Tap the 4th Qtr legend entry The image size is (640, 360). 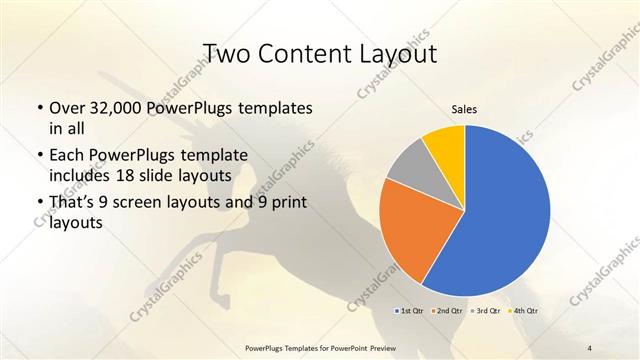(x=526, y=311)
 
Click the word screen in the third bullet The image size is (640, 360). (x=149, y=204)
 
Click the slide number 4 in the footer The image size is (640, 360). (x=590, y=347)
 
